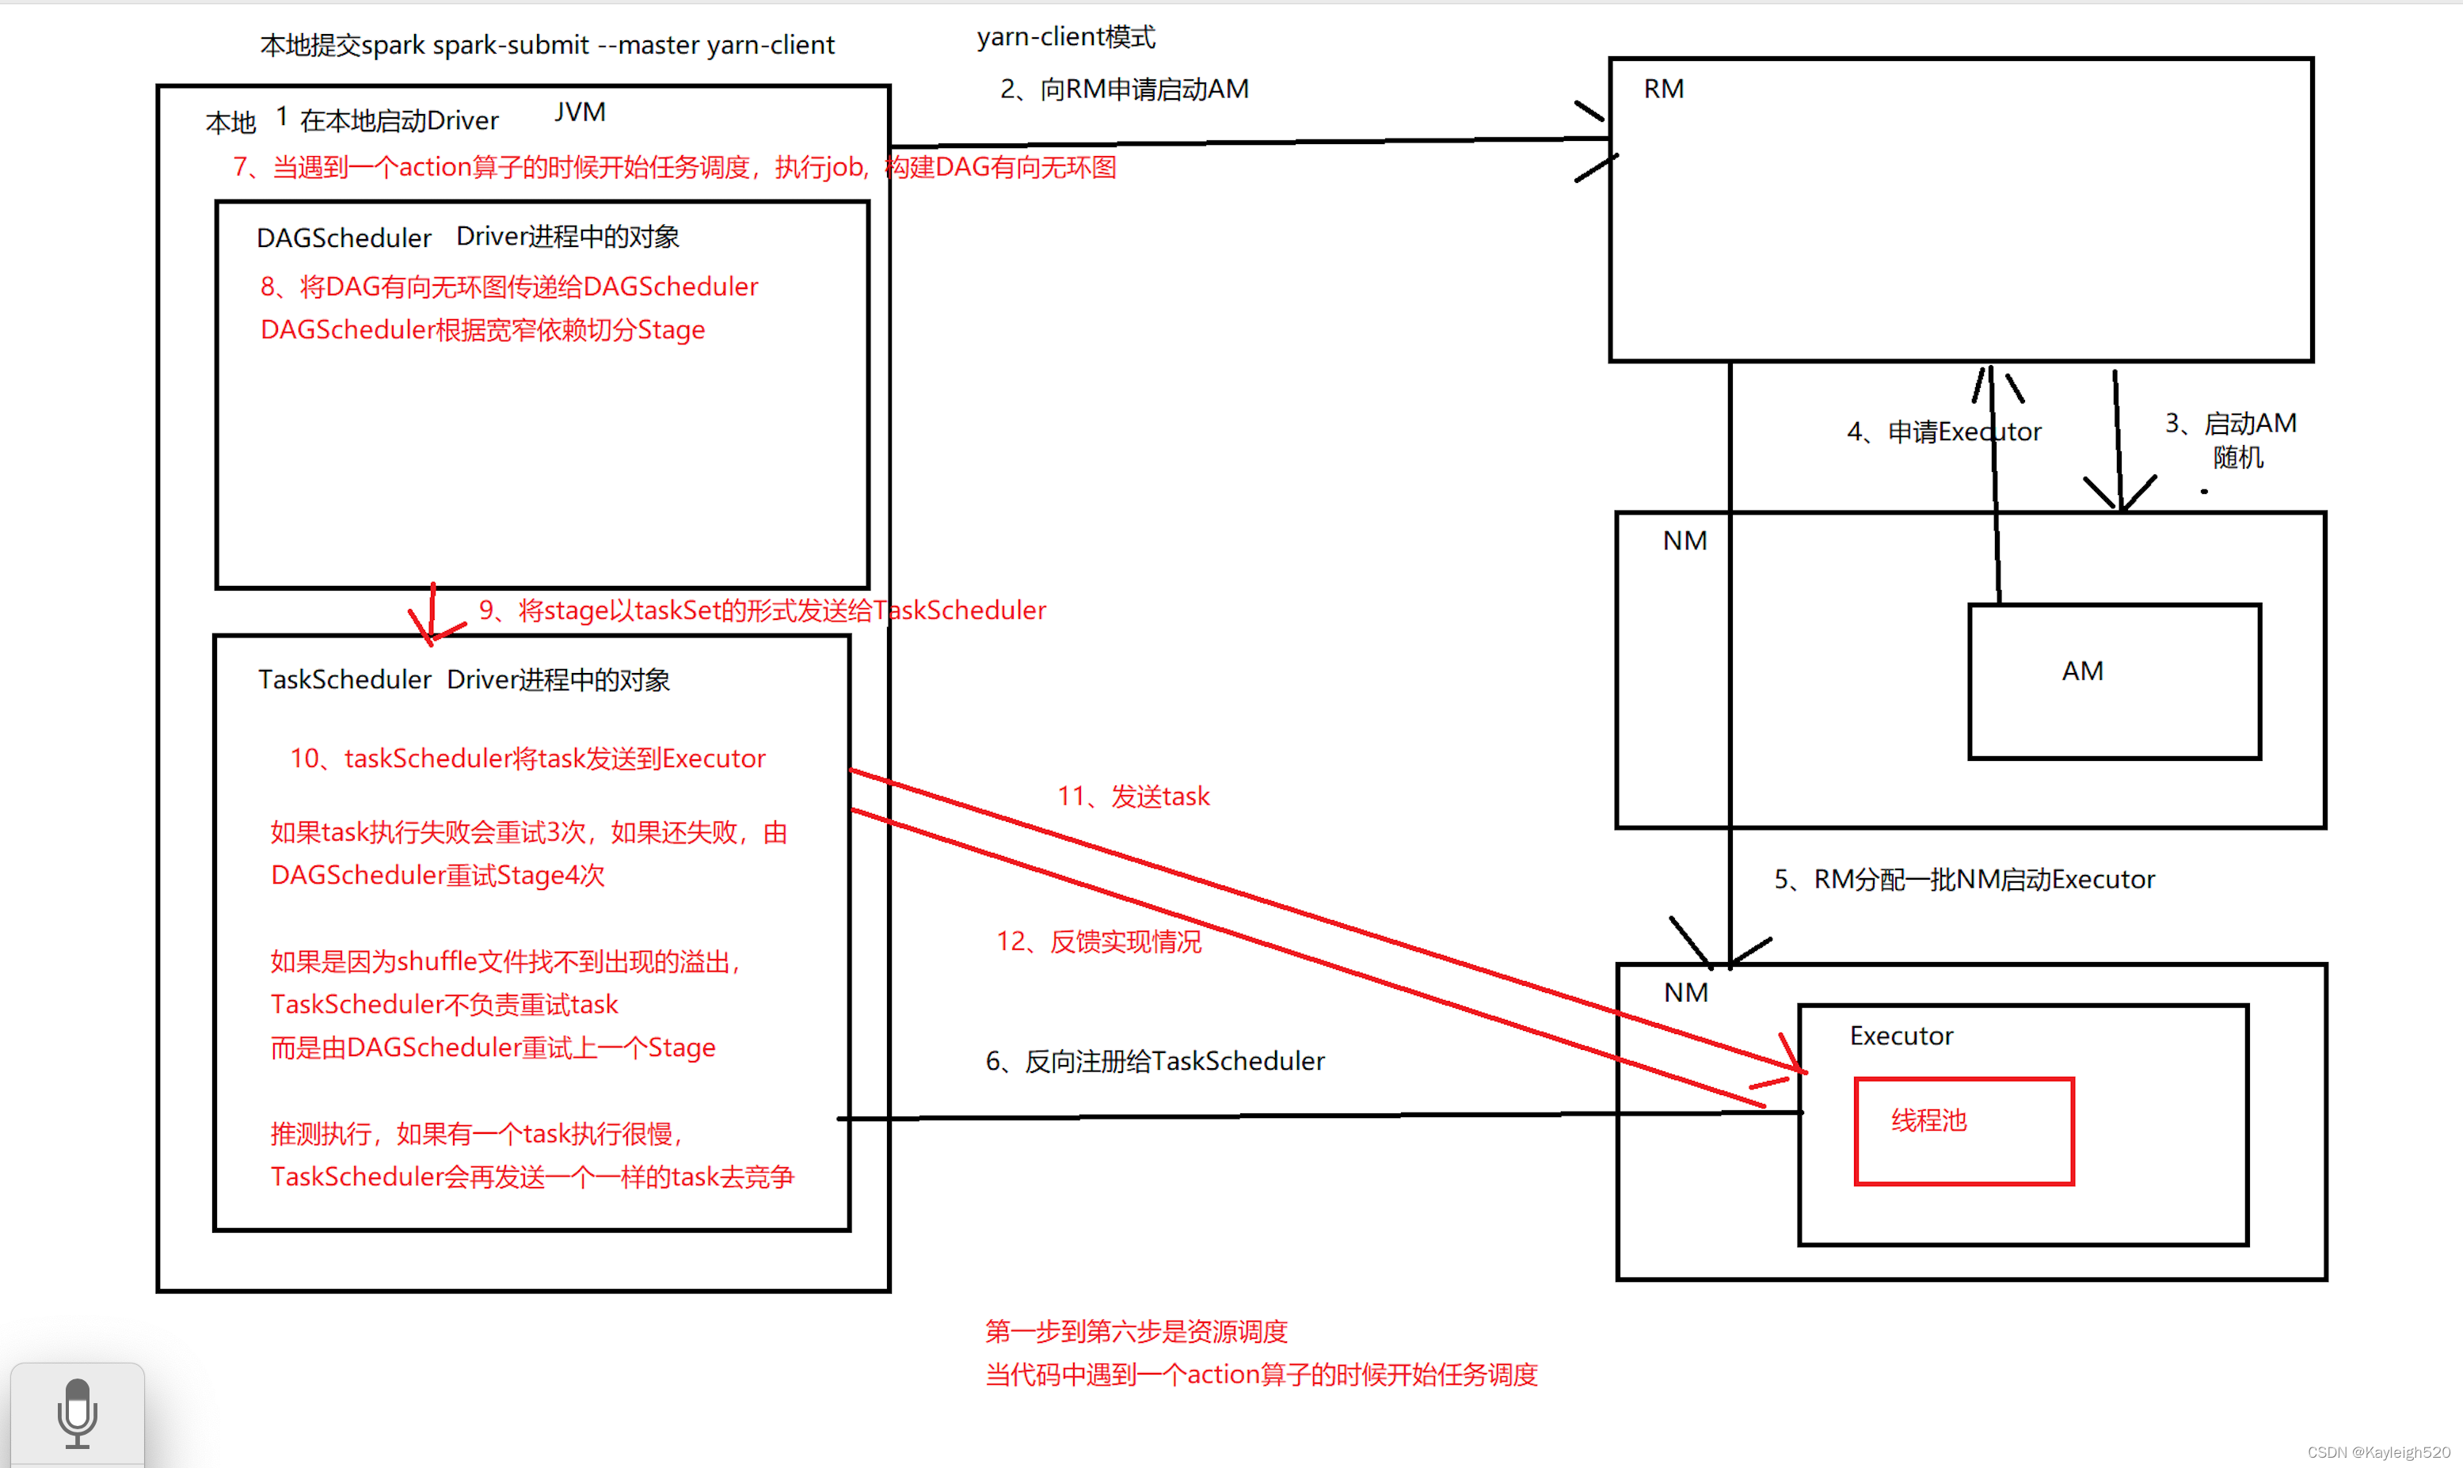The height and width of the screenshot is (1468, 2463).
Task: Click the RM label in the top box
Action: (1663, 89)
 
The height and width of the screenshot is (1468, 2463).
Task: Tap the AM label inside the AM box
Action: (2081, 671)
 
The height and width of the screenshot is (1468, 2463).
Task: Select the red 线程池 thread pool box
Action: (1962, 1131)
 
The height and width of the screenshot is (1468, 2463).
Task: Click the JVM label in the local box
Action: (580, 112)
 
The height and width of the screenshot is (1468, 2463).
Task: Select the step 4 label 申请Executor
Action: (1943, 432)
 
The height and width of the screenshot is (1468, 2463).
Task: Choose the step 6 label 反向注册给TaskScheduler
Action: (1155, 1062)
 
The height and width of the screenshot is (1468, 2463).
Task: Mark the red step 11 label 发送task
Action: (1133, 797)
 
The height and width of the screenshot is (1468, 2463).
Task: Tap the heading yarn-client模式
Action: (1065, 37)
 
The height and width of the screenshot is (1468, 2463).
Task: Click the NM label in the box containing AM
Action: (1684, 541)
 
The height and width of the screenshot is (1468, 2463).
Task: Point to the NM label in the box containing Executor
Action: (1685, 993)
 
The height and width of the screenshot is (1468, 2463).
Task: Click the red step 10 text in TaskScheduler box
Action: (527, 759)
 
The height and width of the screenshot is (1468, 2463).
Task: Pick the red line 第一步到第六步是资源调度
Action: (1136, 1332)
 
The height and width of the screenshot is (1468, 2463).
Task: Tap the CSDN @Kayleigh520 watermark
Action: (2378, 1452)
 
